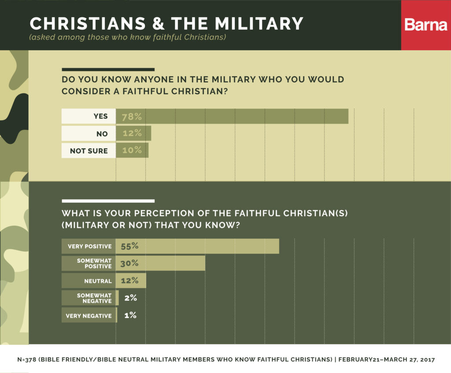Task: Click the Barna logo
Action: tap(425, 25)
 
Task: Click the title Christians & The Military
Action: tap(166, 23)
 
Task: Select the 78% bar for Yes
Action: tap(232, 117)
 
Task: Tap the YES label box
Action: tap(89, 117)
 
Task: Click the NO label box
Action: tap(89, 134)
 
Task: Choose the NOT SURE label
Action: tap(89, 150)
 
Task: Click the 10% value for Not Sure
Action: tap(132, 150)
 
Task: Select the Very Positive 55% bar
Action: tap(197, 246)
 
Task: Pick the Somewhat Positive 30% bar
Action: tap(160, 263)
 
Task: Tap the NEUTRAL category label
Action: tap(89, 281)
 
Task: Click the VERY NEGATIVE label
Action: tap(89, 315)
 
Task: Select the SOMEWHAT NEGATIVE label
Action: tap(89, 298)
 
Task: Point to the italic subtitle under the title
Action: tap(127, 37)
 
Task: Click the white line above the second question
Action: tap(108, 201)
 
